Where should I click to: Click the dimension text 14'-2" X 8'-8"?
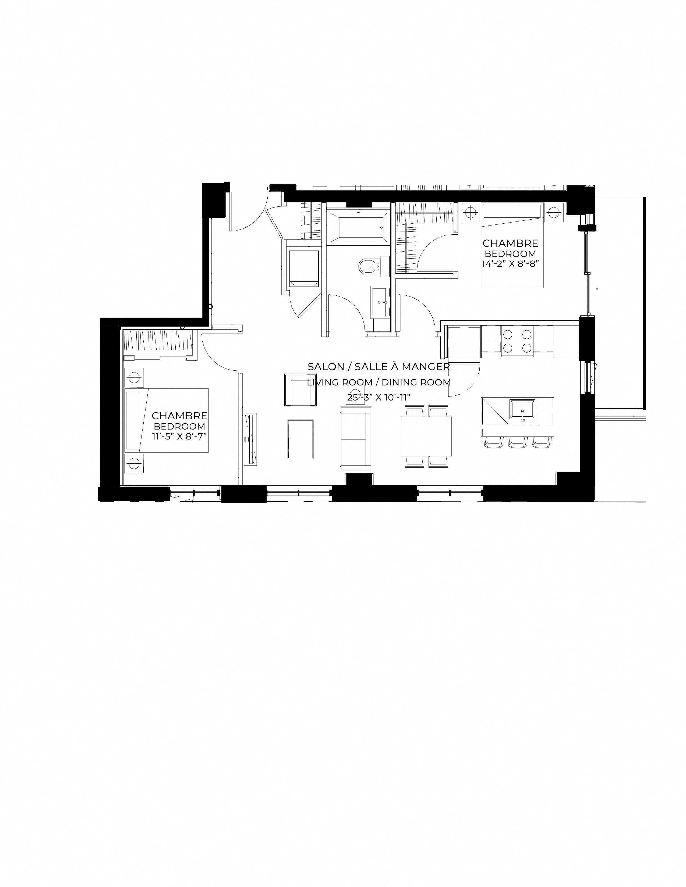click(510, 263)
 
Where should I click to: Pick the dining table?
click(426, 436)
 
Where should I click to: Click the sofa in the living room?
click(356, 439)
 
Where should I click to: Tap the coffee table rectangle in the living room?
click(300, 439)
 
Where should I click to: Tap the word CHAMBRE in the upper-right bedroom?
click(510, 243)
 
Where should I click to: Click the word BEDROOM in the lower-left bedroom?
click(179, 427)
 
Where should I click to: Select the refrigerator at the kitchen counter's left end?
click(463, 342)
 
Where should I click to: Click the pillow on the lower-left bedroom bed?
click(133, 420)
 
